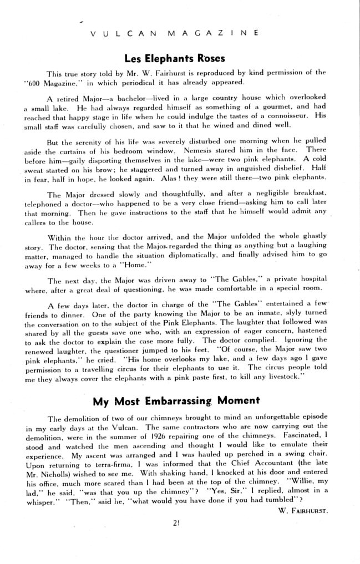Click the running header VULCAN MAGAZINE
pos(173,33)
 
